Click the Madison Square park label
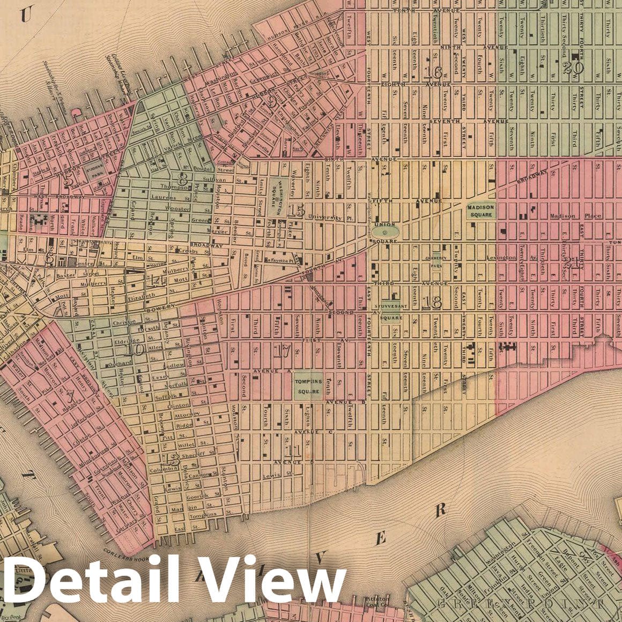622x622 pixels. [480, 210]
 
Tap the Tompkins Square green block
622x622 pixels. [308, 386]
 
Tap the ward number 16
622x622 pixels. [432, 72]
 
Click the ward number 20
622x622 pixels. [574, 68]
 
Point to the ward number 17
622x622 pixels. [282, 351]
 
